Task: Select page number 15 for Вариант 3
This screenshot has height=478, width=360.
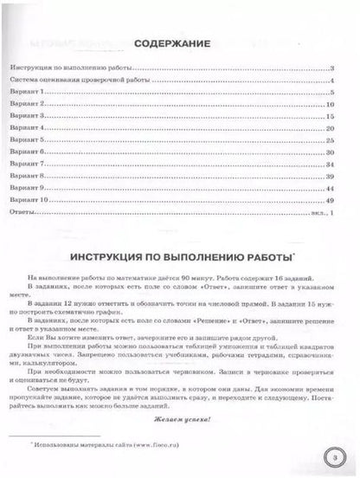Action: click(x=330, y=114)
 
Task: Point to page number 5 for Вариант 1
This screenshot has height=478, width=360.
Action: click(x=331, y=90)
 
